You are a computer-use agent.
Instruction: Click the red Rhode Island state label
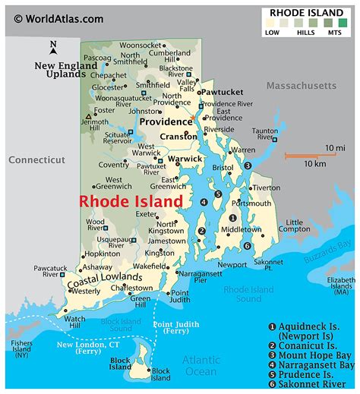pos(131,201)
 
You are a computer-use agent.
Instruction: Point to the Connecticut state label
pos(36,160)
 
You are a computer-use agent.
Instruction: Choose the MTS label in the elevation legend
pos(334,33)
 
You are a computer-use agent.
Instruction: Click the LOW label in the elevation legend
pos(272,33)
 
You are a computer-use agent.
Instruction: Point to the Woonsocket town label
pos(139,46)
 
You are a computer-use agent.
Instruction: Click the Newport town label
pos(232,265)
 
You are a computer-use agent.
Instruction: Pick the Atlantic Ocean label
pos(203,364)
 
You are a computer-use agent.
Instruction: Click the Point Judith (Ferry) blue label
pos(175,328)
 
